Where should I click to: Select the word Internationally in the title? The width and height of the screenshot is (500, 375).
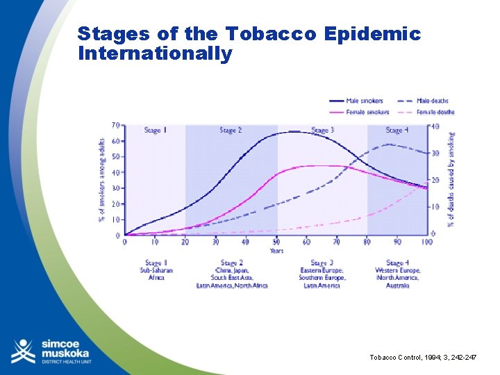(x=155, y=53)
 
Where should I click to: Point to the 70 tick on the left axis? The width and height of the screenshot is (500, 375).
(x=116, y=126)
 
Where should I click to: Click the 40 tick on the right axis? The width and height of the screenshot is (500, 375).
(x=435, y=126)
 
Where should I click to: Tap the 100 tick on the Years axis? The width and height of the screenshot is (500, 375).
(x=426, y=242)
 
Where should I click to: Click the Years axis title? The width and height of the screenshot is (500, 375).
(x=276, y=251)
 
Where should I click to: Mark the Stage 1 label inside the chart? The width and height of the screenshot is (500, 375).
(x=154, y=131)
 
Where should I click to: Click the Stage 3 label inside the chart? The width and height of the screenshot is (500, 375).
(x=322, y=131)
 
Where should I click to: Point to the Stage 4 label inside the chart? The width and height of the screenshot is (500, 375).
(x=397, y=131)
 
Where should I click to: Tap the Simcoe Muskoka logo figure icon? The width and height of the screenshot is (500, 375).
(x=23, y=351)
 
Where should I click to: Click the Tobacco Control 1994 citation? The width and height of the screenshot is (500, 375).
(x=424, y=356)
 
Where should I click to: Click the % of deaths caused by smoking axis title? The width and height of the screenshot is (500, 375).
(x=451, y=179)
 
